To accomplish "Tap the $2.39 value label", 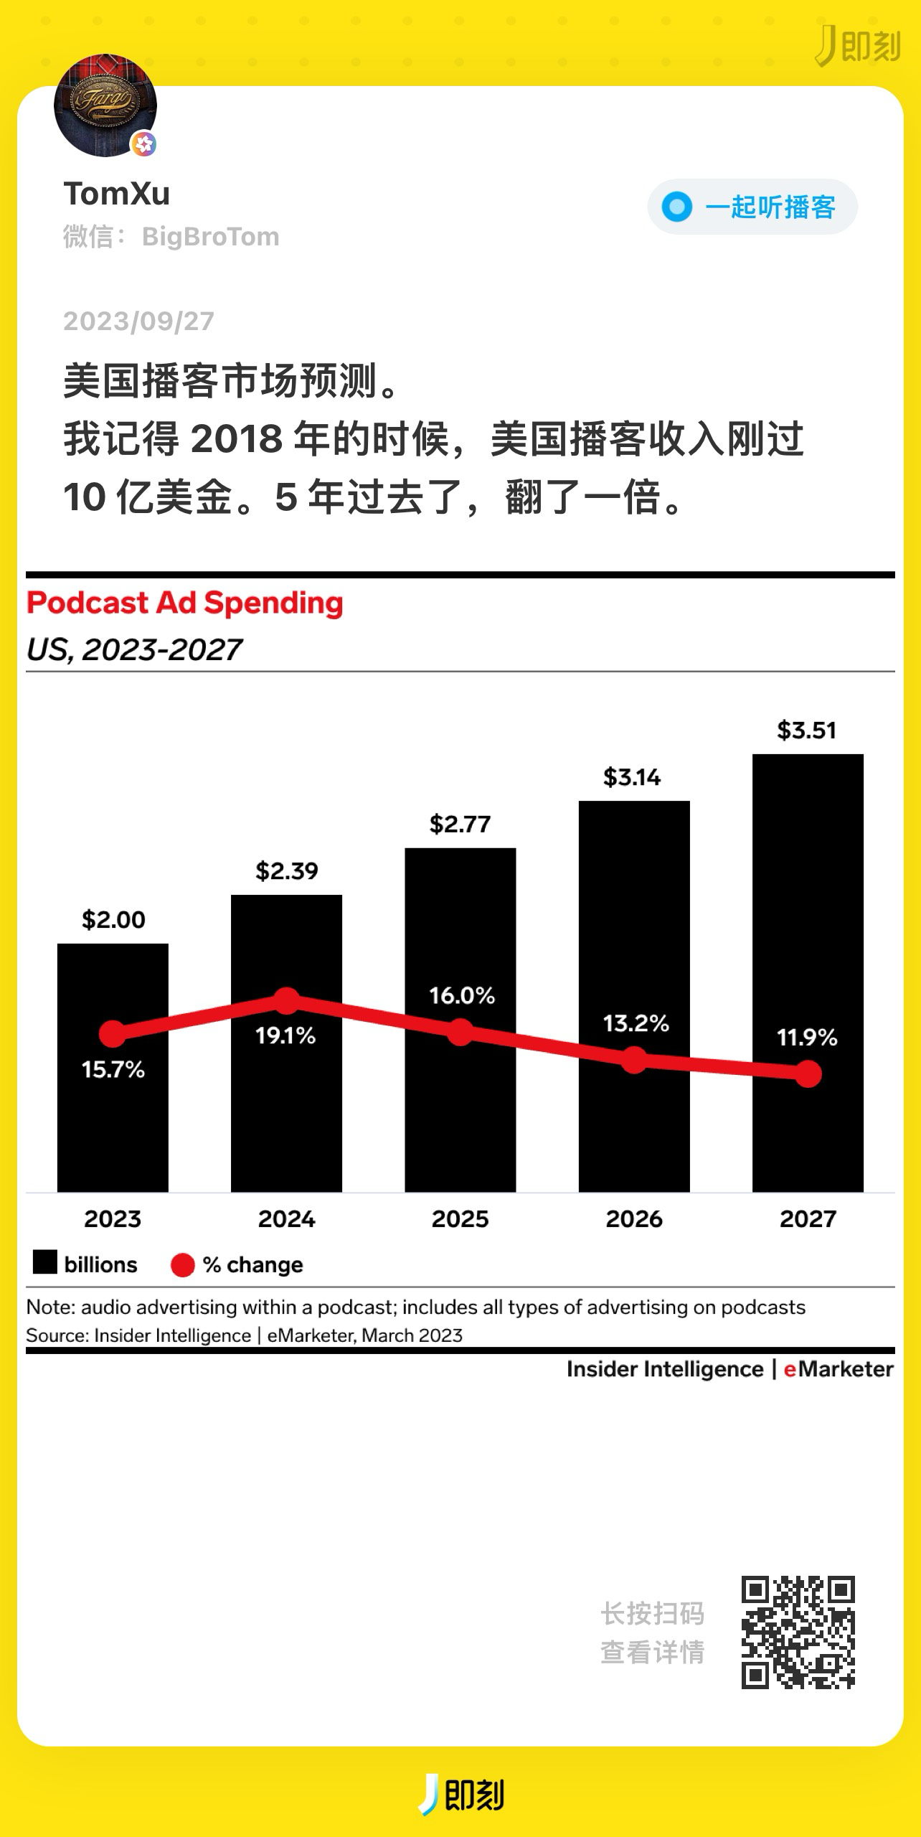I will pos(287,871).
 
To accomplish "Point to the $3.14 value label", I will pos(632,777).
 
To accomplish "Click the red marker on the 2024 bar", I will pos(287,1000).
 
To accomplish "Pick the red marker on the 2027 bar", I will pos(808,1074).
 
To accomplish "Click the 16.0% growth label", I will pos(462,995).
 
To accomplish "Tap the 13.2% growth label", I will pos(636,1023).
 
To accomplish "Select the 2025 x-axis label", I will pos(461,1219).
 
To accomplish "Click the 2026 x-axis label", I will pos(634,1219).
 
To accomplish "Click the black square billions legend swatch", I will pos(45,1262).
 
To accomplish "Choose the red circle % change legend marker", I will pos(183,1265).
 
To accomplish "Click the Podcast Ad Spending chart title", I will pos(185,603).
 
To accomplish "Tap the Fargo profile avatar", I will pos(105,105).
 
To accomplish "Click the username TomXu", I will pos(117,194).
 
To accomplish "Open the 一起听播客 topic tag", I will pos(752,207).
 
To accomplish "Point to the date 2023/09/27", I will pos(138,321).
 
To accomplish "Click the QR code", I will pos(798,1632).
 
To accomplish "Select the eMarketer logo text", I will pos(839,1369).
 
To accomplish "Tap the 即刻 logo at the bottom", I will pos(462,1794).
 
